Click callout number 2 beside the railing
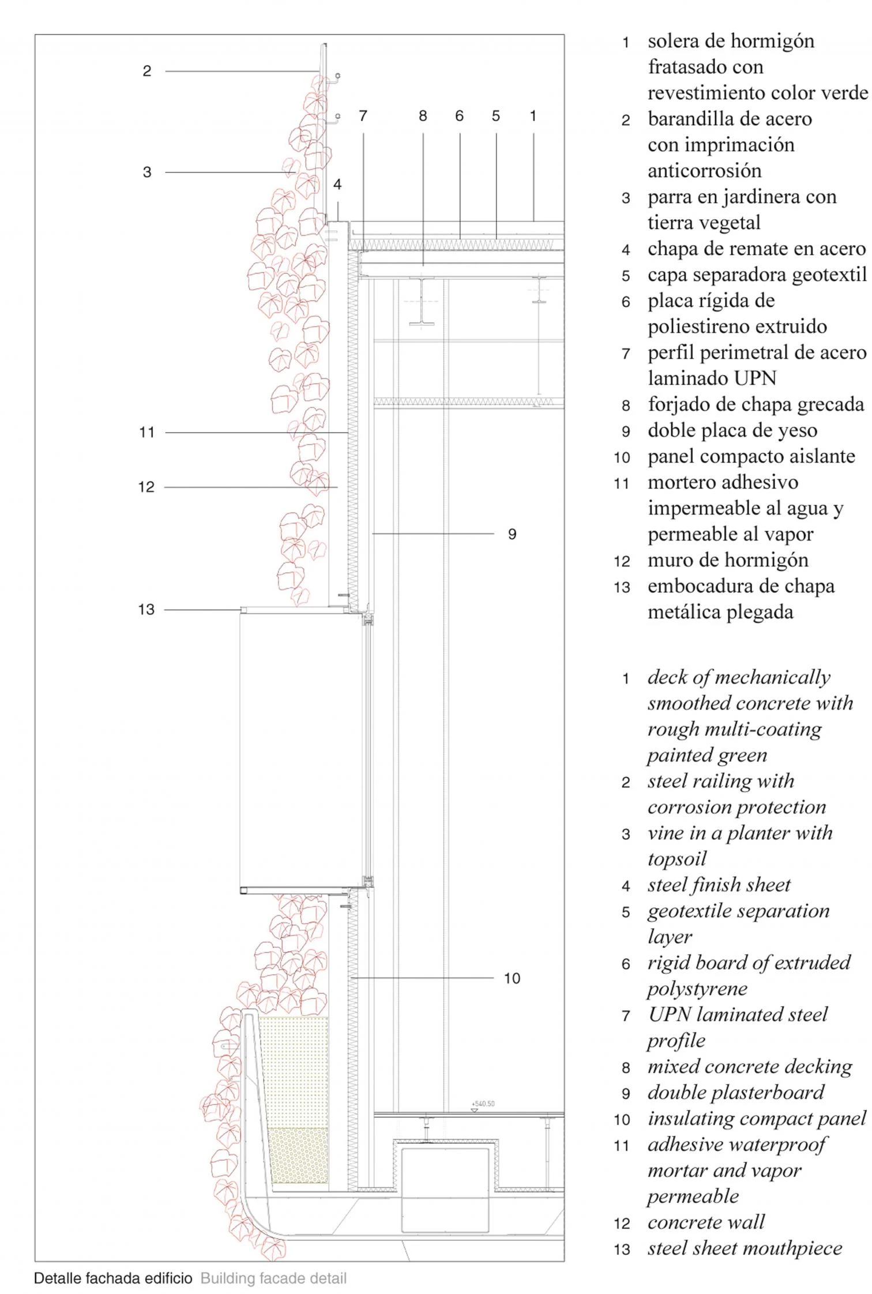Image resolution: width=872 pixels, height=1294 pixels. pyautogui.click(x=147, y=71)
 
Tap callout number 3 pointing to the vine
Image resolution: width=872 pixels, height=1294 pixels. pyautogui.click(x=147, y=172)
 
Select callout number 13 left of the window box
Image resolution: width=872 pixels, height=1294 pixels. pyautogui.click(x=146, y=609)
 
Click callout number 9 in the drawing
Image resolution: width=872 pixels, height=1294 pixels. pyautogui.click(x=512, y=534)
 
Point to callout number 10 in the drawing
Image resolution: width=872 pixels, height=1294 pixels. pyautogui.click(x=512, y=978)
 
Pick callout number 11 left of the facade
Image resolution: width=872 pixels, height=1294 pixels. pyautogui.click(x=147, y=432)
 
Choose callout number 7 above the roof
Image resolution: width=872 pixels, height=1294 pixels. pyautogui.click(x=363, y=116)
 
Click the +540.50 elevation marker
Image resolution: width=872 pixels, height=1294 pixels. pyautogui.click(x=483, y=1104)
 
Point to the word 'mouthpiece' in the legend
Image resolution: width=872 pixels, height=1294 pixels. pyautogui.click(x=802, y=1248)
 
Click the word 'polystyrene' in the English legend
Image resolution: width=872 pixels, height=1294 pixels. pyautogui.click(x=697, y=989)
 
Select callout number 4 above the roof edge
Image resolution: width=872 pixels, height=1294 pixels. pyautogui.click(x=337, y=185)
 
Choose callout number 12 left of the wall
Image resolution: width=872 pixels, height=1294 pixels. pyautogui.click(x=146, y=487)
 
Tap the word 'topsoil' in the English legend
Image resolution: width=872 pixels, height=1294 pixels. pyautogui.click(x=676, y=859)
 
